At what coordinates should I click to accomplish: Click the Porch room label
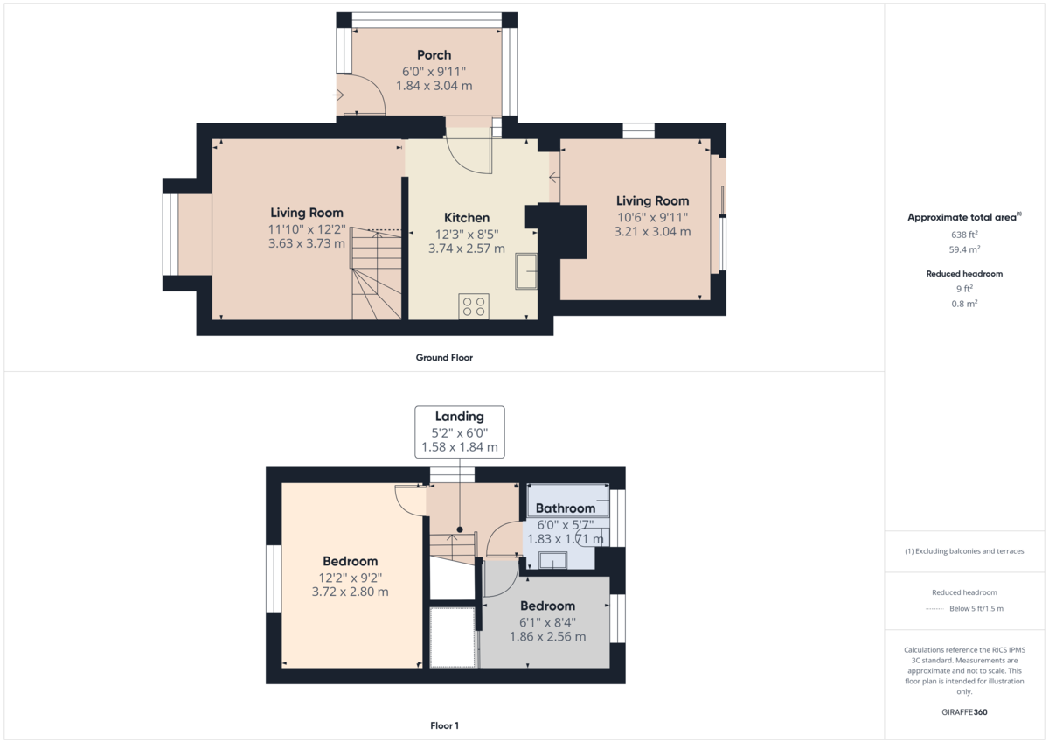click(x=434, y=55)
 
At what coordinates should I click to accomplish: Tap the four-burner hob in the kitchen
click(x=474, y=306)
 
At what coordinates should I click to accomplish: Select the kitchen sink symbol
click(x=527, y=271)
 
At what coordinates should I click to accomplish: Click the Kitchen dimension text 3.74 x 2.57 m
click(x=466, y=249)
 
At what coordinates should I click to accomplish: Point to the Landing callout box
click(x=459, y=431)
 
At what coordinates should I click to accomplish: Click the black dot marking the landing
click(x=460, y=529)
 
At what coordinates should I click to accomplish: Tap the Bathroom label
click(x=565, y=508)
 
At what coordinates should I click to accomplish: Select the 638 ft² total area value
click(x=964, y=235)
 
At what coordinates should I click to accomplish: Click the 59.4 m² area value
click(x=964, y=249)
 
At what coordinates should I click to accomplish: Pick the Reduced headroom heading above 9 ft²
click(x=964, y=274)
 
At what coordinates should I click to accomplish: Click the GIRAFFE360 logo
click(x=964, y=712)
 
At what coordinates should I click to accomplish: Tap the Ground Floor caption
click(x=444, y=358)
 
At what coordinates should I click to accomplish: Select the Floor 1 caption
click(x=444, y=725)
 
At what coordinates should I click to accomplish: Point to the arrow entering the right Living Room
click(x=554, y=178)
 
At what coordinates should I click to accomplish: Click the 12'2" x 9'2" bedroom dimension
click(x=351, y=578)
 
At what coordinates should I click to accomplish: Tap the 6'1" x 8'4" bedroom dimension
click(x=547, y=622)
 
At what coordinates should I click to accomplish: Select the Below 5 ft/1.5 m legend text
click(x=976, y=608)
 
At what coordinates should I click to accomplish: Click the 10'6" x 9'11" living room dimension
click(x=652, y=217)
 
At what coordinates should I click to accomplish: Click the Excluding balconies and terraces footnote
click(x=964, y=551)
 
